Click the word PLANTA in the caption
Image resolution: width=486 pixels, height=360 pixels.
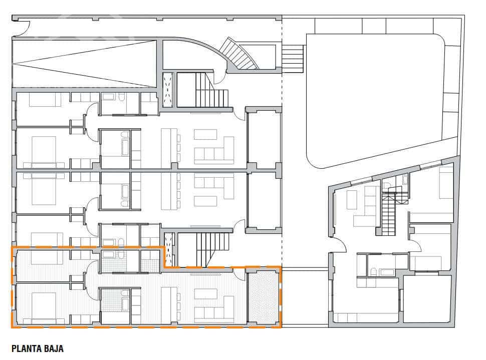tap(28, 348)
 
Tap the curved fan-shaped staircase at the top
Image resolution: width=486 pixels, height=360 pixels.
tap(239, 54)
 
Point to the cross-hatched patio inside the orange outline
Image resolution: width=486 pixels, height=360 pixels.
tap(264, 297)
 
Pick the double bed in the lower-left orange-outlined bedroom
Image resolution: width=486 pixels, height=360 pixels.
tap(44, 305)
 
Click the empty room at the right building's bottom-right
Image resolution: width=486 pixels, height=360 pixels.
tap(427, 299)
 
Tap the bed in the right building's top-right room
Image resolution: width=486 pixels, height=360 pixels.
tap(445, 183)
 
